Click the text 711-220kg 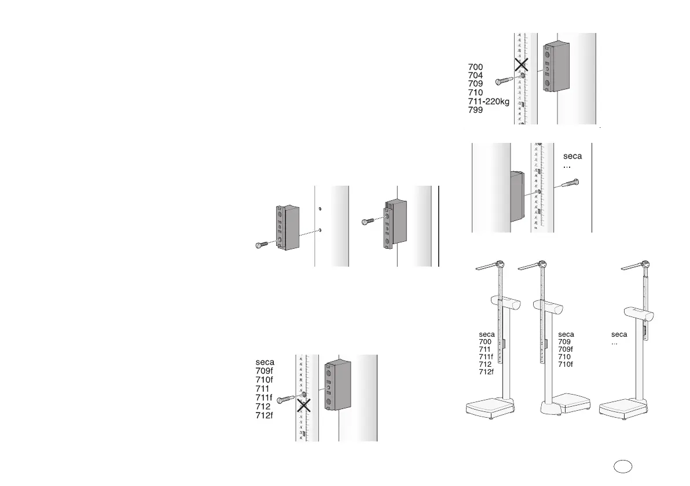(x=488, y=101)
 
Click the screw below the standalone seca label (x=570, y=184)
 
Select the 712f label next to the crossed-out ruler (x=265, y=415)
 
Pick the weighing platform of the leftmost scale (x=487, y=408)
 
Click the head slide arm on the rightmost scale (x=633, y=267)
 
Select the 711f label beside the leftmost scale (x=486, y=357)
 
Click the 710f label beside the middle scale (x=566, y=365)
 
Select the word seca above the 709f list (x=265, y=363)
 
